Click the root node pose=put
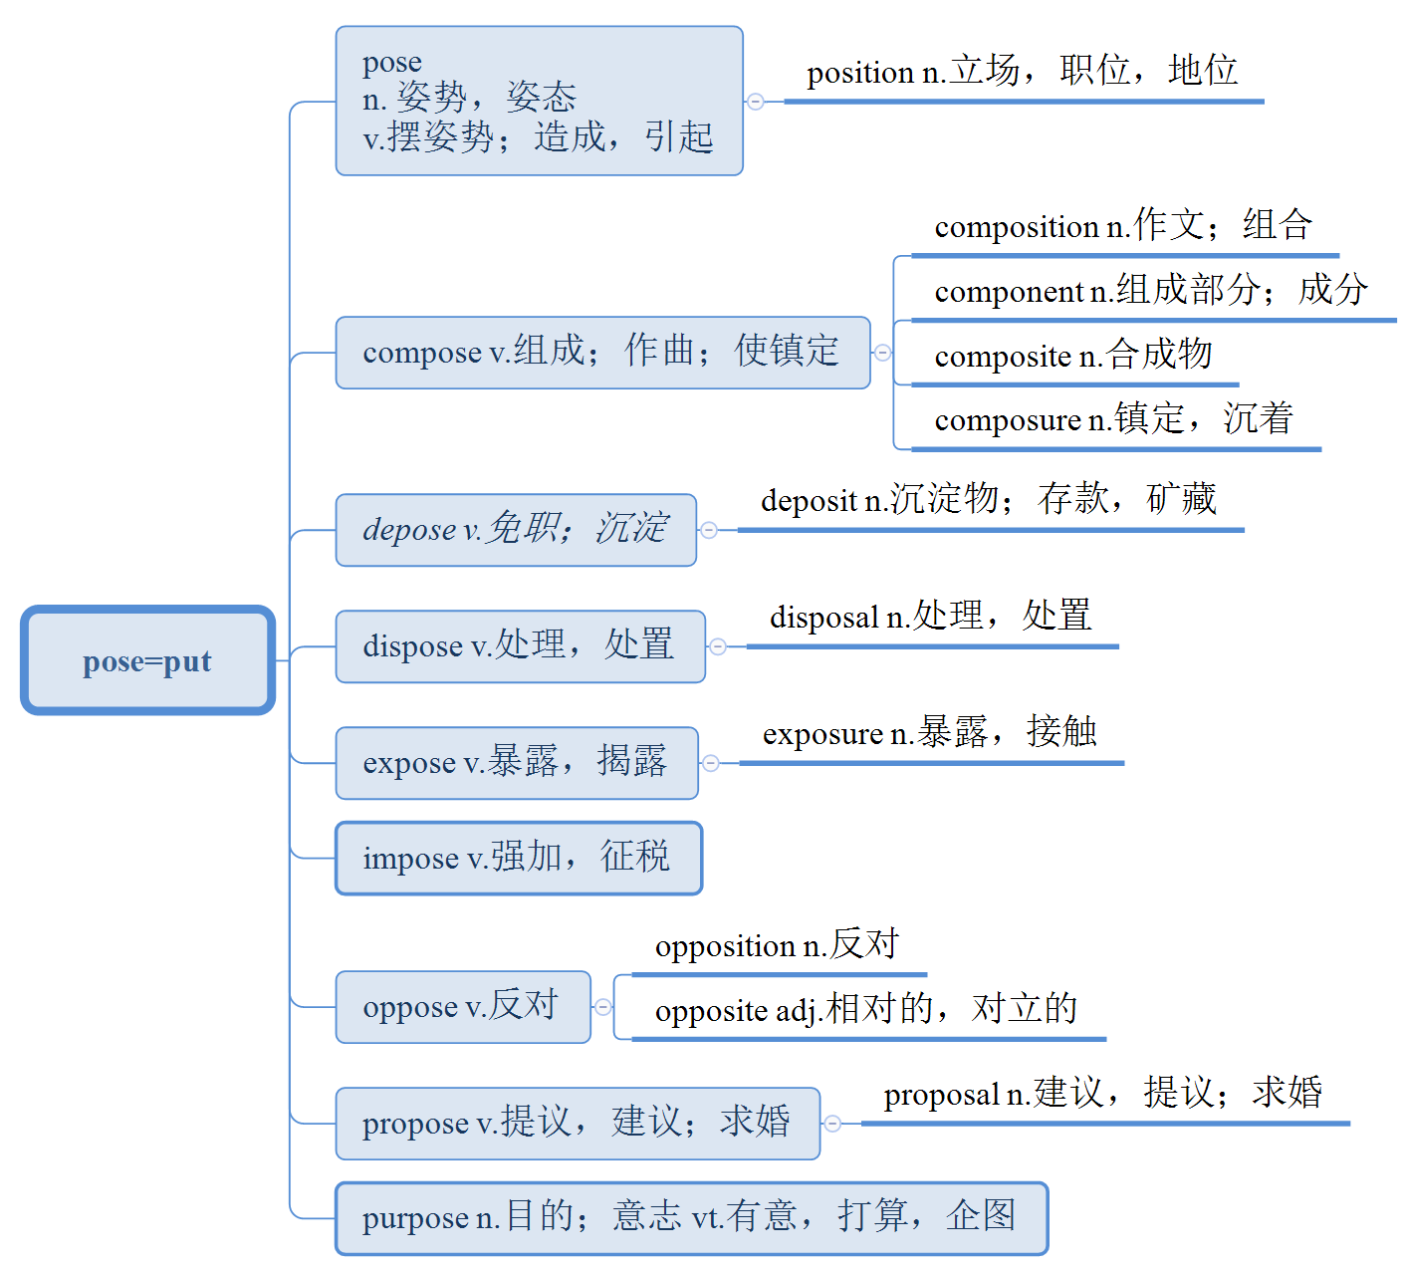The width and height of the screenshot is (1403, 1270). coord(147,660)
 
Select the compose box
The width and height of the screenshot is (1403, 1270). coord(602,353)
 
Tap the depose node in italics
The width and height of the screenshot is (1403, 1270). coord(516,530)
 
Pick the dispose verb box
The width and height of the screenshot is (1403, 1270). coord(520,646)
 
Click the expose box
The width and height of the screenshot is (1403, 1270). coord(516,763)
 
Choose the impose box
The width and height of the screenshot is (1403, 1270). coord(518,859)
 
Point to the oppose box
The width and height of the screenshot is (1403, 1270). coord(462,1007)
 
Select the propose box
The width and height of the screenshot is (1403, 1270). coord(578,1124)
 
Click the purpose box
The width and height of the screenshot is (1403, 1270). coord(691,1218)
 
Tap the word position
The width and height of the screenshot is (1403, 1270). coord(860,74)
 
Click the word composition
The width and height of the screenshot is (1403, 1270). coord(1017,228)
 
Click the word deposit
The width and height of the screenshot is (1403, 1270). coord(809,501)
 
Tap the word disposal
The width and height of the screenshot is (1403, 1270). coord(824,618)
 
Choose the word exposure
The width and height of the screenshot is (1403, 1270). coord(822,735)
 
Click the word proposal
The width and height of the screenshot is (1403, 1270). coord(941,1096)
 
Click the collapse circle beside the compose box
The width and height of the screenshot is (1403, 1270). coord(882,353)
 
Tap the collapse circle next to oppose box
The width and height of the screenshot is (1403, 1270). coord(603,1007)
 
